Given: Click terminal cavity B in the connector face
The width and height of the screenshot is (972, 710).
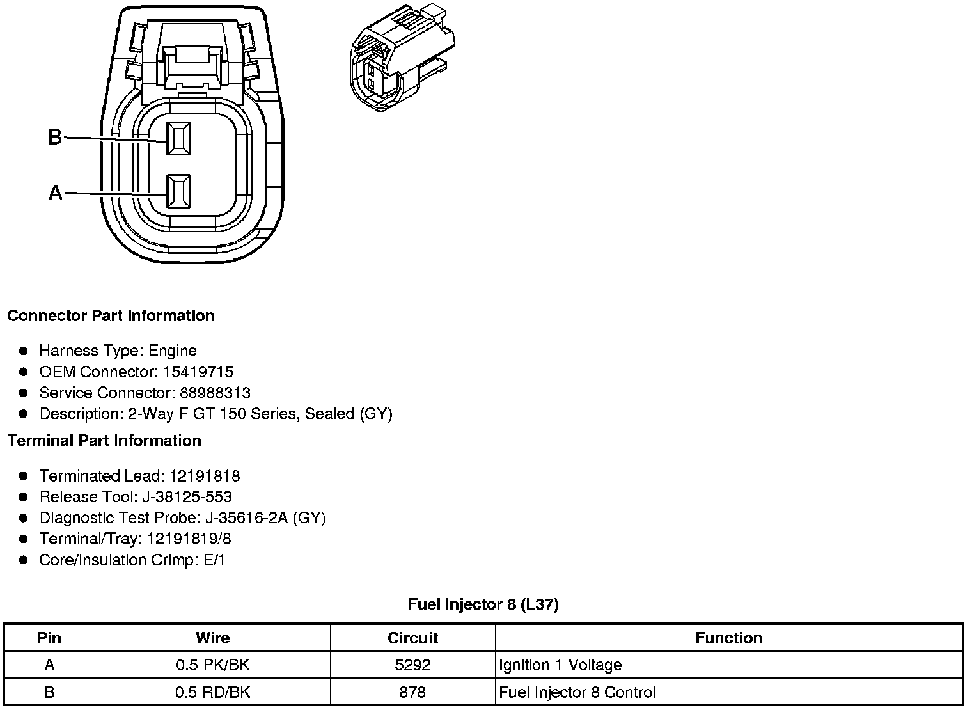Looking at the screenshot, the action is pos(178,138).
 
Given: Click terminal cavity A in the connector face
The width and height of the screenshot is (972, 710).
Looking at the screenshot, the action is pos(178,191).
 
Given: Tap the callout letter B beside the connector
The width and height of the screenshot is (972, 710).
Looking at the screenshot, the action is pos(56,137).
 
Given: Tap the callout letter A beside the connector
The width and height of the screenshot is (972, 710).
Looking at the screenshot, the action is pos(56,193).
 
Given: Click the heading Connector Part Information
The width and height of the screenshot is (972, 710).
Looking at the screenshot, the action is pos(111,316).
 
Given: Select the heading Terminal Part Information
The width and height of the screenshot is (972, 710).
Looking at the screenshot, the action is pos(104,441).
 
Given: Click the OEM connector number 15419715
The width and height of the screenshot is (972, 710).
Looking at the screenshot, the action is pos(198,372).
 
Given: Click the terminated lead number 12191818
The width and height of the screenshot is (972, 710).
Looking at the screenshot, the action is pos(205,476).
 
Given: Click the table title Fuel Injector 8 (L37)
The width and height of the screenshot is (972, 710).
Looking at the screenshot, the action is pos(483,604).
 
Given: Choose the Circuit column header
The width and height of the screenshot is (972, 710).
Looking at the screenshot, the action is pos(412,638).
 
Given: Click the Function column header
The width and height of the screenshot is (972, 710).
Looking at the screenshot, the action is pos(728,638).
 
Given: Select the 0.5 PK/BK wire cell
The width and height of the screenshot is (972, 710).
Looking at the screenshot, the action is pos(213,665).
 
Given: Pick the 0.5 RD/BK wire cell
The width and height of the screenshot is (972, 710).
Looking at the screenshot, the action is pos(213,692).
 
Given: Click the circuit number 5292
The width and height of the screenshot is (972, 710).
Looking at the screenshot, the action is pos(412,665).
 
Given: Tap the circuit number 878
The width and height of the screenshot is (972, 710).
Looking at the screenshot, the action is pos(412,692).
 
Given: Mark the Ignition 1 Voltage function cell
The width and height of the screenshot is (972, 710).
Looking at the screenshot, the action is pos(560,665).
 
